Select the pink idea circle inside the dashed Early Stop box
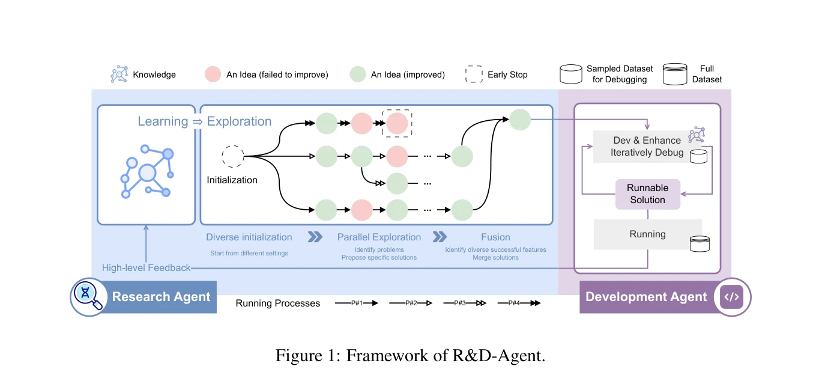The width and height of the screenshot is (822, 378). (x=397, y=123)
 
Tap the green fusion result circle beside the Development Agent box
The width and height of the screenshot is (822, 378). (x=520, y=120)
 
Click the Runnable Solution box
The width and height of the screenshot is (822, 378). (x=648, y=194)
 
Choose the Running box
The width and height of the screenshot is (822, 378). (x=648, y=234)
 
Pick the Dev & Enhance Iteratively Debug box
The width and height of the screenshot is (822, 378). (x=647, y=146)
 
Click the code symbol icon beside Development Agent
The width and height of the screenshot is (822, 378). (x=732, y=297)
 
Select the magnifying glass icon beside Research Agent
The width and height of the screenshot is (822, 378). (x=88, y=296)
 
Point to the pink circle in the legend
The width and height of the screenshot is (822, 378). (x=213, y=74)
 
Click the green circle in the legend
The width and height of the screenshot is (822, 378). (x=358, y=74)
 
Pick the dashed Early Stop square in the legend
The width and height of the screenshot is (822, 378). (x=474, y=74)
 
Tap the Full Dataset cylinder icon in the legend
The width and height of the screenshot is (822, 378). (x=675, y=74)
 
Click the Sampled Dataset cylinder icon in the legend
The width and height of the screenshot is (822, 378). (x=571, y=74)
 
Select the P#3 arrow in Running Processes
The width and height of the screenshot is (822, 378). (x=465, y=303)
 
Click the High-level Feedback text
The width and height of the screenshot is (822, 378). (x=146, y=268)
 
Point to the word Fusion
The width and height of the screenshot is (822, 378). (x=495, y=237)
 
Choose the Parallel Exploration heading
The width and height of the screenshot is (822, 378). (x=379, y=237)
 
